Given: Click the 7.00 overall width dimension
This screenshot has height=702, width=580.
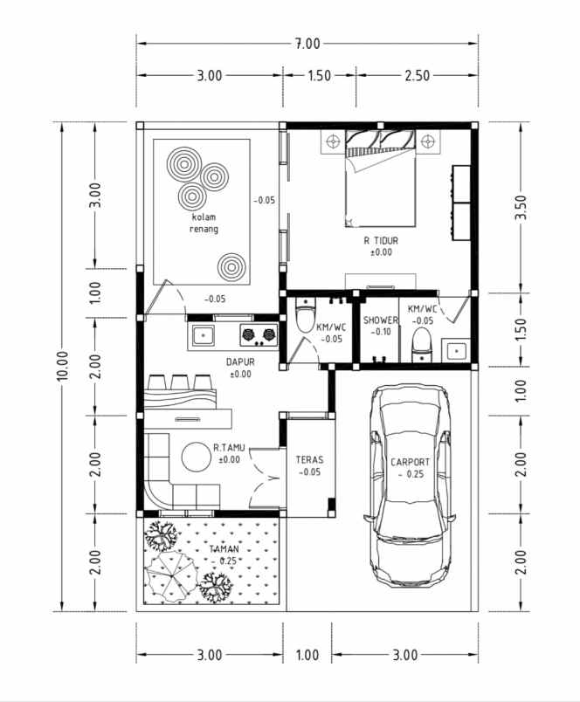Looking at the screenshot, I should pyautogui.click(x=307, y=42).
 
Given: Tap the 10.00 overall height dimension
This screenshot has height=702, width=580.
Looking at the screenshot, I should pyautogui.click(x=62, y=366).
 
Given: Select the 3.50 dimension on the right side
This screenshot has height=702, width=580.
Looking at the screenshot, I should pyautogui.click(x=521, y=206).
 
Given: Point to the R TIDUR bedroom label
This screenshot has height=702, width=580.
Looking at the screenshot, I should pyautogui.click(x=382, y=240).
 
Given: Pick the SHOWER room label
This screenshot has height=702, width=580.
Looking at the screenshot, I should pyautogui.click(x=380, y=320).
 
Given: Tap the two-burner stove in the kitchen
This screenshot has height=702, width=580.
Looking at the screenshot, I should pyautogui.click(x=258, y=333).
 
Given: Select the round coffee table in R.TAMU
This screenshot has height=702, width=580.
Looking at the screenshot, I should pyautogui.click(x=197, y=456).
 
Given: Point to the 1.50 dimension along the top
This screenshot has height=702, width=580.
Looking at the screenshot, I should pyautogui.click(x=319, y=75).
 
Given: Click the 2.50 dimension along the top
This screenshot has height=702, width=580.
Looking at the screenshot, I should pyautogui.click(x=417, y=75).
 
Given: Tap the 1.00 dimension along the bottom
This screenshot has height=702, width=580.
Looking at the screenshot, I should pyautogui.click(x=307, y=655).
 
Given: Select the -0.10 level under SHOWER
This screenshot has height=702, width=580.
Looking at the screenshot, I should pyautogui.click(x=380, y=332).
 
